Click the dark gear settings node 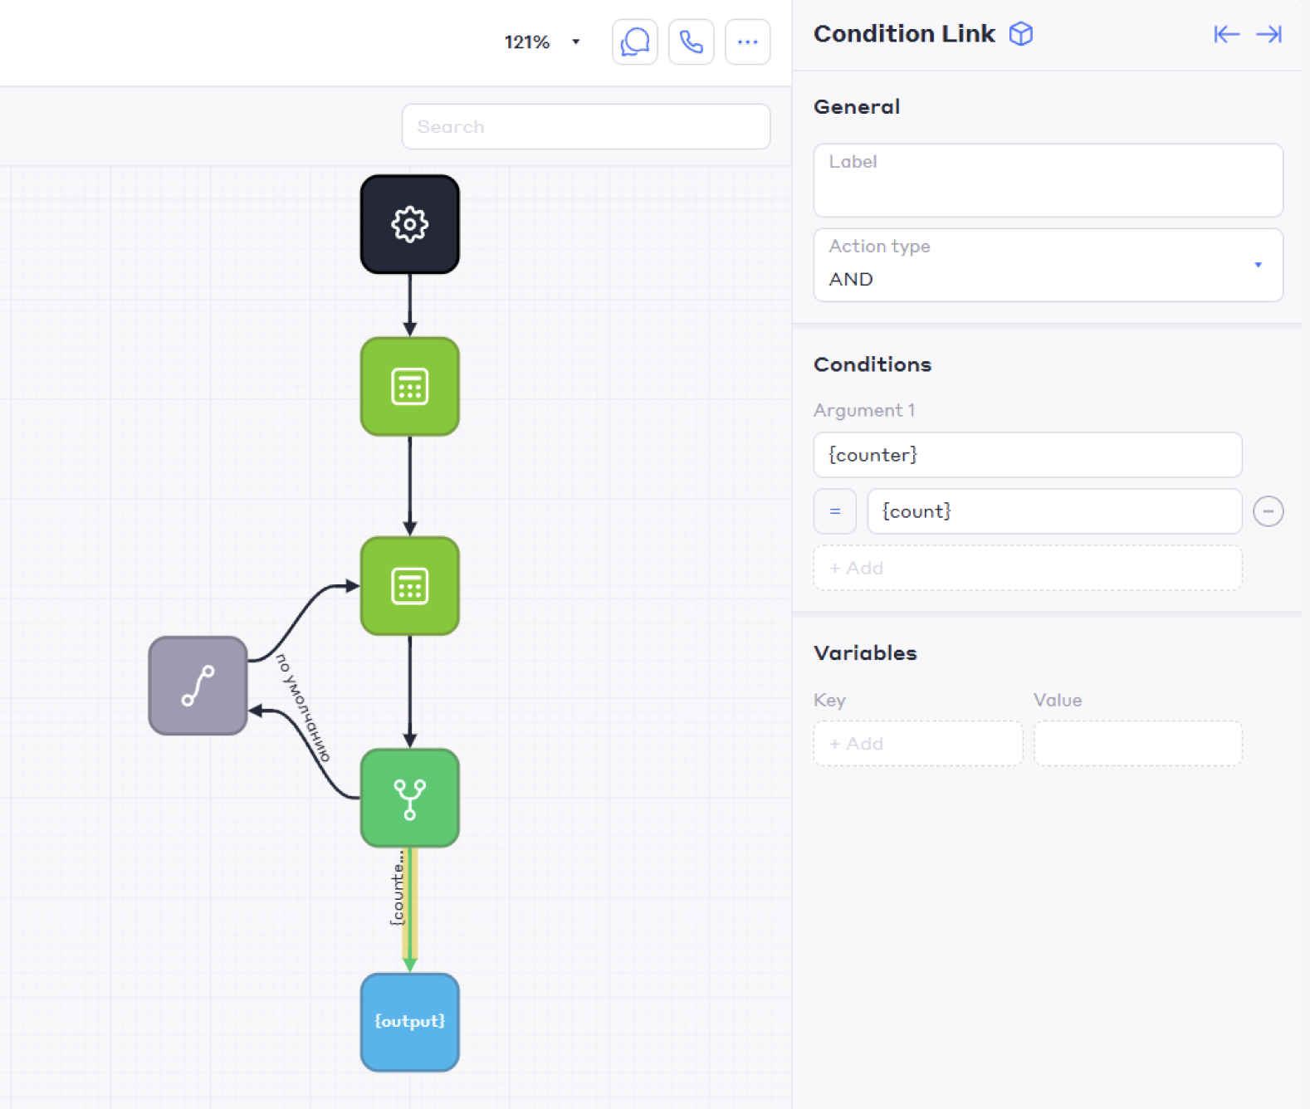(409, 224)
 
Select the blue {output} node (409, 1022)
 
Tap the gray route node (198, 686)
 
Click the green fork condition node (409, 798)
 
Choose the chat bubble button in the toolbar (634, 42)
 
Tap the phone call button (691, 42)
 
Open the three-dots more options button (747, 42)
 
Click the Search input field (585, 126)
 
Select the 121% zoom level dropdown (541, 42)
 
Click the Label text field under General (1048, 180)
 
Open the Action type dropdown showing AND (1048, 265)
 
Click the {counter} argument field (1027, 455)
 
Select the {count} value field (1053, 511)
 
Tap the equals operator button (834, 511)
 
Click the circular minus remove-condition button (1268, 511)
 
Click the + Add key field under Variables (917, 743)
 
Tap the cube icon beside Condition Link (1020, 34)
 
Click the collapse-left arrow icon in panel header (1226, 34)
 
